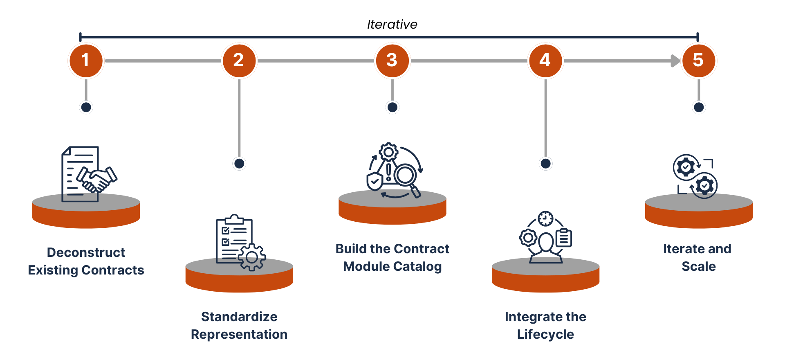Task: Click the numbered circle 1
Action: click(86, 61)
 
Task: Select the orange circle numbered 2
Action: click(239, 61)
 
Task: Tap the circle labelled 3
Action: click(392, 61)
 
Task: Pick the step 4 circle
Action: click(545, 61)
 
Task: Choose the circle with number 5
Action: click(699, 61)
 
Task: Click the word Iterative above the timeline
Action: click(392, 25)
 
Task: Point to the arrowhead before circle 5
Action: click(675, 61)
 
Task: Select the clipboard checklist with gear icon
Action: click(241, 242)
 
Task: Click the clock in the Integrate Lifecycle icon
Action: click(545, 219)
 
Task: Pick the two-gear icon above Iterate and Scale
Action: click(695, 176)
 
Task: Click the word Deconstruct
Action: click(86, 252)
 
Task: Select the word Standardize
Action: click(239, 317)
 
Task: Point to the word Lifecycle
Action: click(545, 335)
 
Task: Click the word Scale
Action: click(699, 266)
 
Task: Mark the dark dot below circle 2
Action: click(239, 164)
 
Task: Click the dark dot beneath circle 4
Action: click(545, 164)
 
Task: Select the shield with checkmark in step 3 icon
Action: click(375, 181)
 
